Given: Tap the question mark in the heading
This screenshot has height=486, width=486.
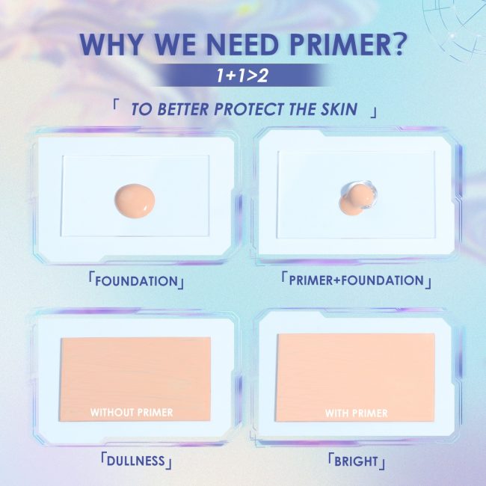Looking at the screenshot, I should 397,46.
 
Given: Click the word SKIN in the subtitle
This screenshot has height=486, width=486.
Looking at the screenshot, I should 345,108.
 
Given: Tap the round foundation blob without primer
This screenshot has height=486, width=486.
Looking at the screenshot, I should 135,198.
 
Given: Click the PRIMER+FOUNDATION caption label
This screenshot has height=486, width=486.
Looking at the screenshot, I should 355,281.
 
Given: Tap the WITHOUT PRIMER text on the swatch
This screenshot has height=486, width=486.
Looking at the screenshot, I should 132,412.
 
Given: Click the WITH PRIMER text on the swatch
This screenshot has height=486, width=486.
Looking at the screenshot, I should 356,413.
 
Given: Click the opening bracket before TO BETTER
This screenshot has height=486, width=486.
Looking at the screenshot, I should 116,101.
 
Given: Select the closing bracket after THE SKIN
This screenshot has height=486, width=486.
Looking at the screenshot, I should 373,113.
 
